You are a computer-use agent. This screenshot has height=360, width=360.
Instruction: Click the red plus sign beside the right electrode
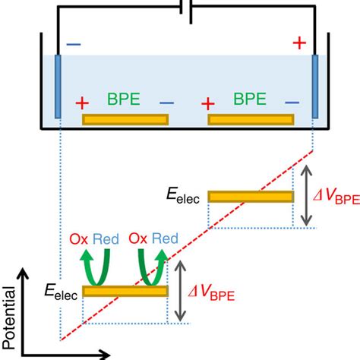pos(299,43)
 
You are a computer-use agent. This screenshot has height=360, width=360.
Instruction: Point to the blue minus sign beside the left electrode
pos(73,44)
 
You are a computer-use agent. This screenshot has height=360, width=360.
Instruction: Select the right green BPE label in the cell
pos(250,98)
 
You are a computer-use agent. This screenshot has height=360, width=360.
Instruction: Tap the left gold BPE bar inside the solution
pos(125,119)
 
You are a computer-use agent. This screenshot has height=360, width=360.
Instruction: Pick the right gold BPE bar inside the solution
pos(251,119)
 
